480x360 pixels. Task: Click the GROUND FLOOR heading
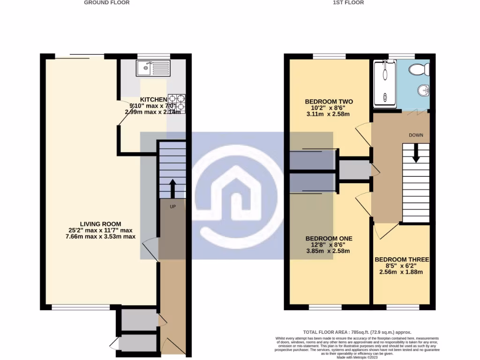(107, 2)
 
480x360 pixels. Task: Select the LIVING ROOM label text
(101, 224)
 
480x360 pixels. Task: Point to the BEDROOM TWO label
(329, 101)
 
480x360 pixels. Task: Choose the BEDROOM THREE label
(402, 259)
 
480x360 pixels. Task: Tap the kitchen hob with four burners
(177, 103)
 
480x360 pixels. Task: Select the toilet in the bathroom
(419, 69)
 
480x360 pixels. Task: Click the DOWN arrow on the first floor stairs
(415, 153)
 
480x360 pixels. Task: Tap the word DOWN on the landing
(416, 135)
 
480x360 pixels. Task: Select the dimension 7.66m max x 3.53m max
(101, 237)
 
